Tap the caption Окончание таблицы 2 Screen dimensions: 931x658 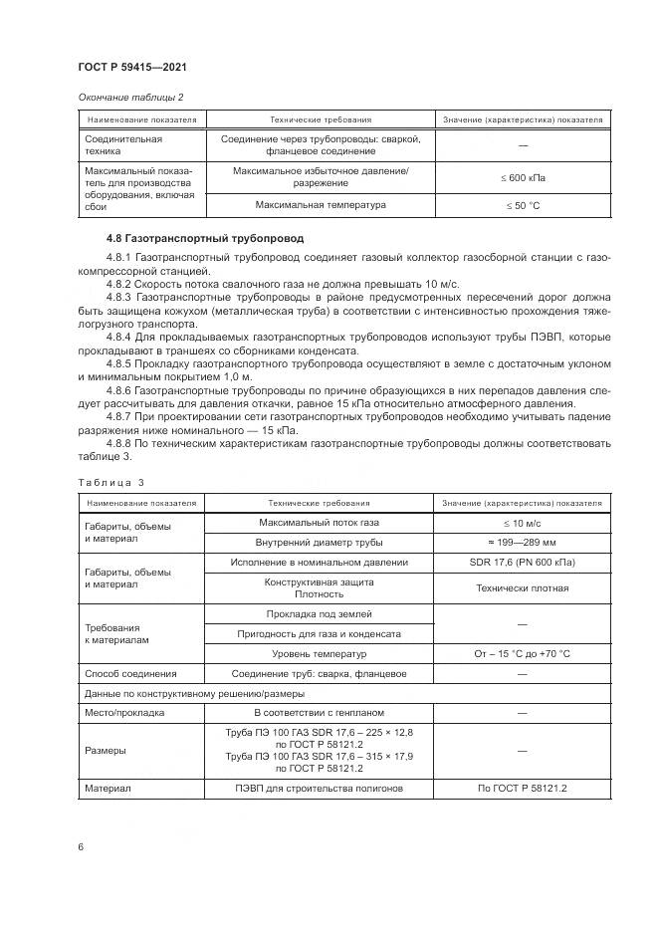pyautogui.click(x=129, y=97)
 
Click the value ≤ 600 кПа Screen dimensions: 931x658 pyautogui.click(x=523, y=177)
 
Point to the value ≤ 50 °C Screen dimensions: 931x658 pyautogui.click(x=523, y=205)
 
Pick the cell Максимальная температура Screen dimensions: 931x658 pyautogui.click(x=320, y=205)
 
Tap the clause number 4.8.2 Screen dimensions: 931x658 pyautogui.click(x=118, y=284)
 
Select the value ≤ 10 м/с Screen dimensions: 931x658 pyautogui.click(x=523, y=523)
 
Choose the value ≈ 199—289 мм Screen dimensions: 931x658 pyautogui.click(x=523, y=543)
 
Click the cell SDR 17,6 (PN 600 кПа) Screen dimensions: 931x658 pyautogui.click(x=523, y=563)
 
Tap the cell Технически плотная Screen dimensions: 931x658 pyautogui.click(x=523, y=587)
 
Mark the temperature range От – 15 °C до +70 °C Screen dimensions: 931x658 pyautogui.click(x=523, y=654)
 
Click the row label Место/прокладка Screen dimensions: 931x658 pyautogui.click(x=125, y=714)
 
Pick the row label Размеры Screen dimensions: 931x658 pyautogui.click(x=106, y=751)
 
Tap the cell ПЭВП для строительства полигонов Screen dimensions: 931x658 pyautogui.click(x=320, y=789)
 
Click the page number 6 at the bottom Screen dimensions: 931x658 pyautogui.click(x=81, y=846)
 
